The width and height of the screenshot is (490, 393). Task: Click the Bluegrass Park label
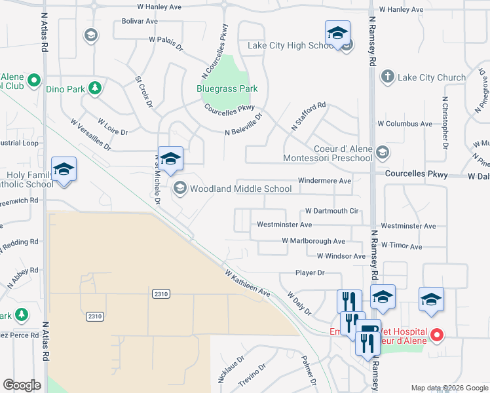tap(227, 88)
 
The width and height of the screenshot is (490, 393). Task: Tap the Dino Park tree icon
tap(95, 87)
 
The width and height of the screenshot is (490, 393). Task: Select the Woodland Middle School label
tap(240, 189)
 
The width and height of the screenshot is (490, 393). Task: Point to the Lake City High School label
tap(292, 46)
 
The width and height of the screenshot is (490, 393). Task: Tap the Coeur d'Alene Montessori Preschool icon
tap(383, 153)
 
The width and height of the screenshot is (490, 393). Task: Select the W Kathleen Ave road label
tap(248, 282)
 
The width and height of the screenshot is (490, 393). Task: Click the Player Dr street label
tap(310, 272)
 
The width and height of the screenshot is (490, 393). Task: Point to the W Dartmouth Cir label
tap(332, 211)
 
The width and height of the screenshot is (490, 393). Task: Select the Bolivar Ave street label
tap(140, 21)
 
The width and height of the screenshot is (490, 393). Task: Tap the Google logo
tap(22, 385)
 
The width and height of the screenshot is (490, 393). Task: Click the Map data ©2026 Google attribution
tap(449, 388)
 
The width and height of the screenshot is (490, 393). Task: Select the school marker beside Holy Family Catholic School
tap(64, 169)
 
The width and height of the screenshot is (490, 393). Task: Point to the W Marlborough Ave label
tap(313, 241)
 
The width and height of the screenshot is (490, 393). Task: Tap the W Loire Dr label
tap(113, 126)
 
